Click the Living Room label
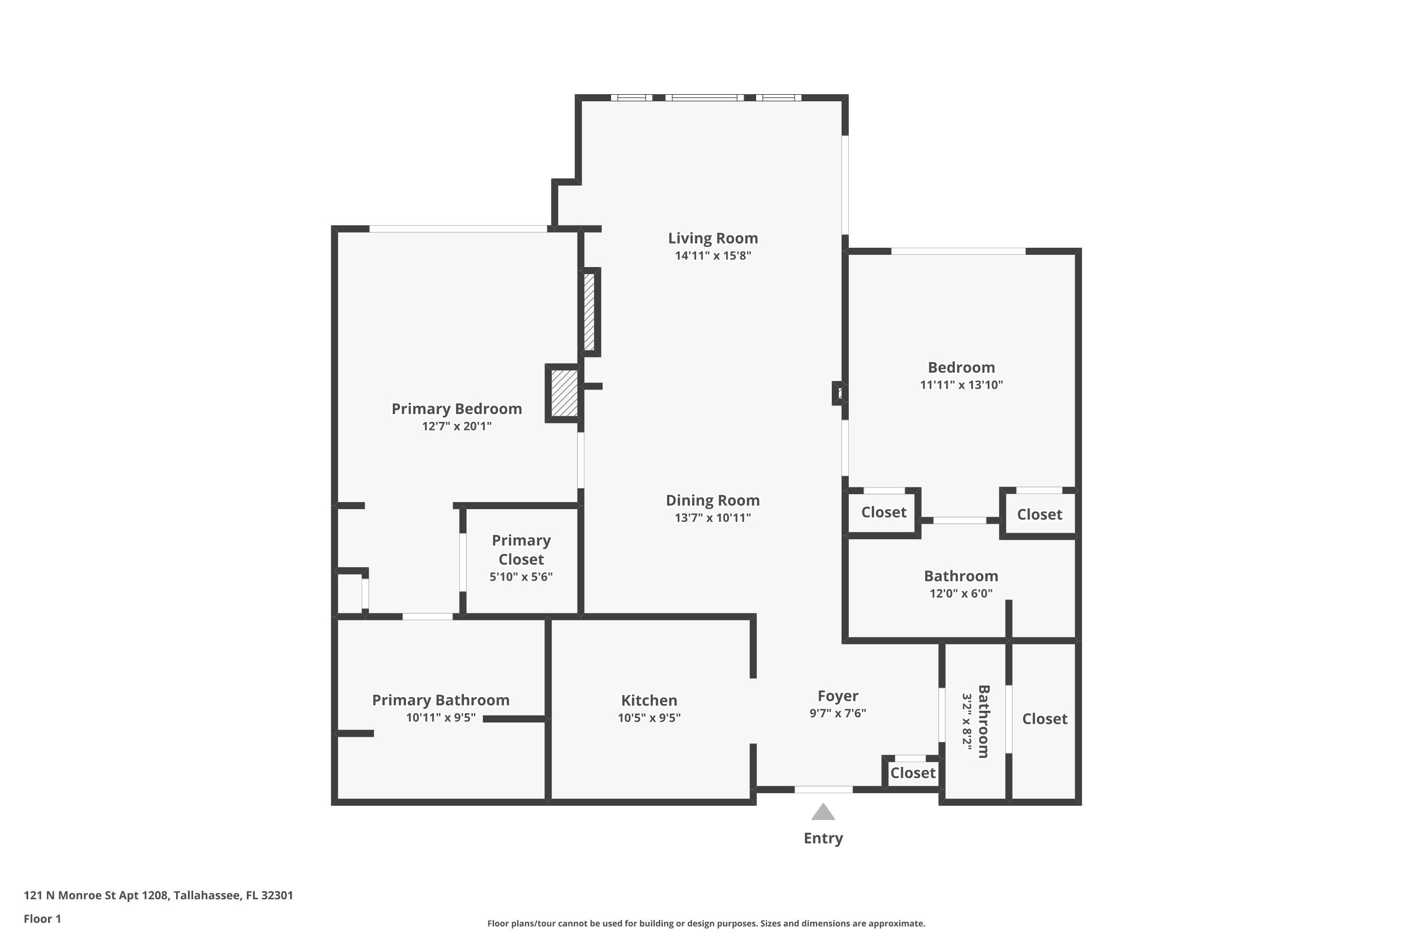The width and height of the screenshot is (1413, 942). (x=713, y=238)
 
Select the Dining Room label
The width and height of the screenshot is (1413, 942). (x=713, y=500)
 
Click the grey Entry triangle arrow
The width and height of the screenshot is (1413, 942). (x=823, y=813)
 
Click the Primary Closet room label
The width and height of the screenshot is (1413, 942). (x=521, y=550)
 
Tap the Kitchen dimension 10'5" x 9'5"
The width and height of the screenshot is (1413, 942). (x=649, y=718)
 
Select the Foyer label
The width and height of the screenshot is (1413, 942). (x=837, y=696)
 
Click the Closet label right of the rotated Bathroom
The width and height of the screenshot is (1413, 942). (x=1044, y=719)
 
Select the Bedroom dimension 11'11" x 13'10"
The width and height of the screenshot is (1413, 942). (x=961, y=385)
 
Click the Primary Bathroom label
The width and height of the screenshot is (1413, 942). (x=440, y=700)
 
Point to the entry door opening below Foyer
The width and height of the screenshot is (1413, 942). (x=823, y=789)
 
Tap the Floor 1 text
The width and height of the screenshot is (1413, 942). (x=42, y=918)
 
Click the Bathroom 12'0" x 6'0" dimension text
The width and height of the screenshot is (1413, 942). (x=961, y=593)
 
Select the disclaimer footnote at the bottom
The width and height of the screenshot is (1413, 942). (x=706, y=923)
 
